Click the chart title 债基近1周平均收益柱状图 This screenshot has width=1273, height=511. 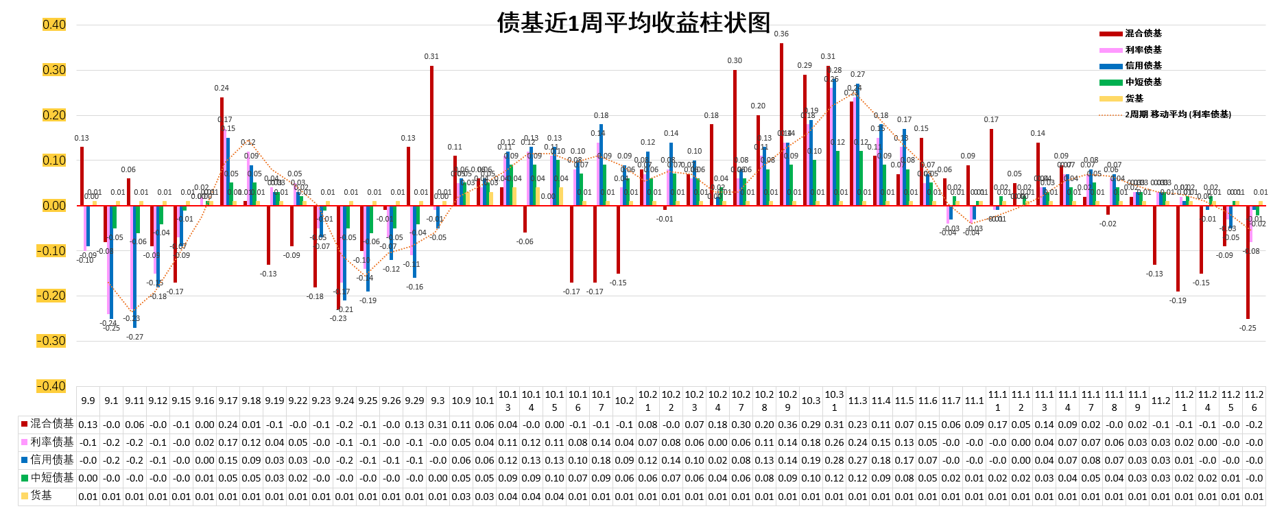point(633,23)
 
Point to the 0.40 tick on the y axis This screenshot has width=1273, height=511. point(54,25)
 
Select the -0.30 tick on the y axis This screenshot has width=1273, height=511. point(51,341)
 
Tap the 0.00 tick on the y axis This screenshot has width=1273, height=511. point(54,206)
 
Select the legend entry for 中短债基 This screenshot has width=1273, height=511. point(1143,82)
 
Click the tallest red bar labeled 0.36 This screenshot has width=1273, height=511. point(781,123)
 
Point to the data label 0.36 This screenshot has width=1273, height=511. point(781,34)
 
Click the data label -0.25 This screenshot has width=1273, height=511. point(1248,328)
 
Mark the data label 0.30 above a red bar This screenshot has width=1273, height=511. point(735,61)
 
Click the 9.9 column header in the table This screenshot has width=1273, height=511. point(88,401)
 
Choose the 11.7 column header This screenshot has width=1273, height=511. point(951,401)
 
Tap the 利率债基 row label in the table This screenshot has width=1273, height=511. point(47,442)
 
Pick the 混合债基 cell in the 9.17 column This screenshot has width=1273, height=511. point(228,425)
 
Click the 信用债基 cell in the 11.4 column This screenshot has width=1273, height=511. point(881,460)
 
